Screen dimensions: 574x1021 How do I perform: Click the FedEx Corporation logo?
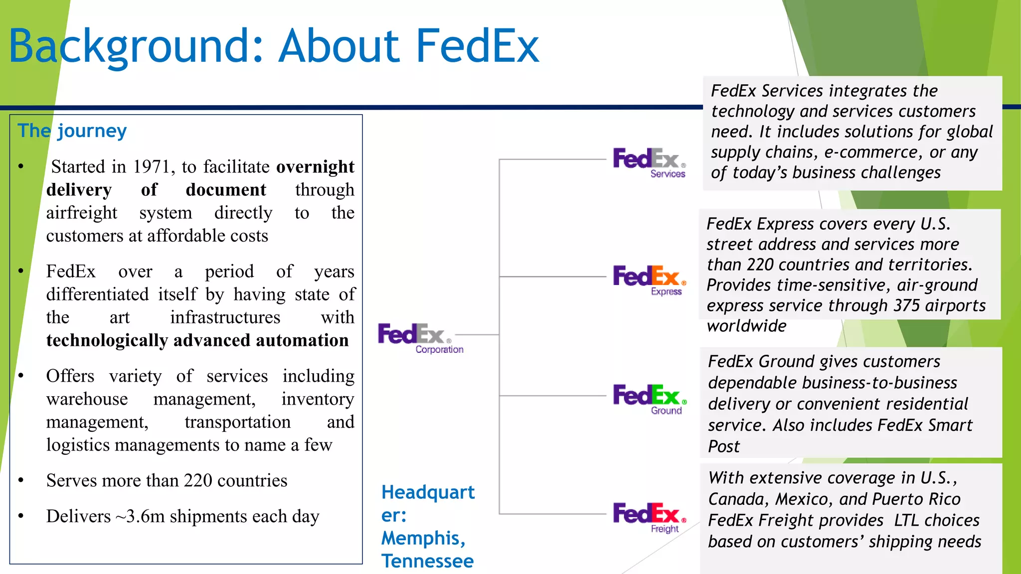(420, 338)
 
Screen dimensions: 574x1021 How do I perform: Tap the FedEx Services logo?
(649, 162)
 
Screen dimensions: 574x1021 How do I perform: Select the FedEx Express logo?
(649, 280)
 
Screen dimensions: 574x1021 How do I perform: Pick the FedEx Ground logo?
(649, 399)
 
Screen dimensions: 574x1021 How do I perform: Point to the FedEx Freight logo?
(649, 517)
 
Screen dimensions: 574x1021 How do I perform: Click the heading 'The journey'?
(72, 131)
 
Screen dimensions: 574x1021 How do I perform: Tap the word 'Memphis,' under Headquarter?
(423, 538)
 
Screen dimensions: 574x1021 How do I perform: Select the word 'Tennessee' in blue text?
(427, 561)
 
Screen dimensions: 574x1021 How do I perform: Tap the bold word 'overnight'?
(315, 167)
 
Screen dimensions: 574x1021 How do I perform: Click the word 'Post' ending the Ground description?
(724, 446)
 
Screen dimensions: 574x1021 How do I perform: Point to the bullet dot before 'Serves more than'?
(21, 481)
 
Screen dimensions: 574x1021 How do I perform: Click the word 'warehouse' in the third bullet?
(87, 399)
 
